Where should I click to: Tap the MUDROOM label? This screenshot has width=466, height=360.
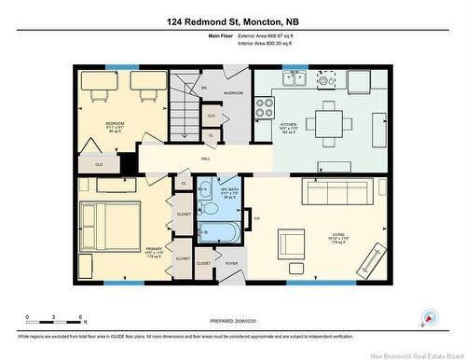coord(234,93)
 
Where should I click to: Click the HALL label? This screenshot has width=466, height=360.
coord(205,159)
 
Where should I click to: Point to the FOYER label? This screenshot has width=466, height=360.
coord(230,264)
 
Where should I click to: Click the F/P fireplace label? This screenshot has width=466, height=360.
coord(256,218)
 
